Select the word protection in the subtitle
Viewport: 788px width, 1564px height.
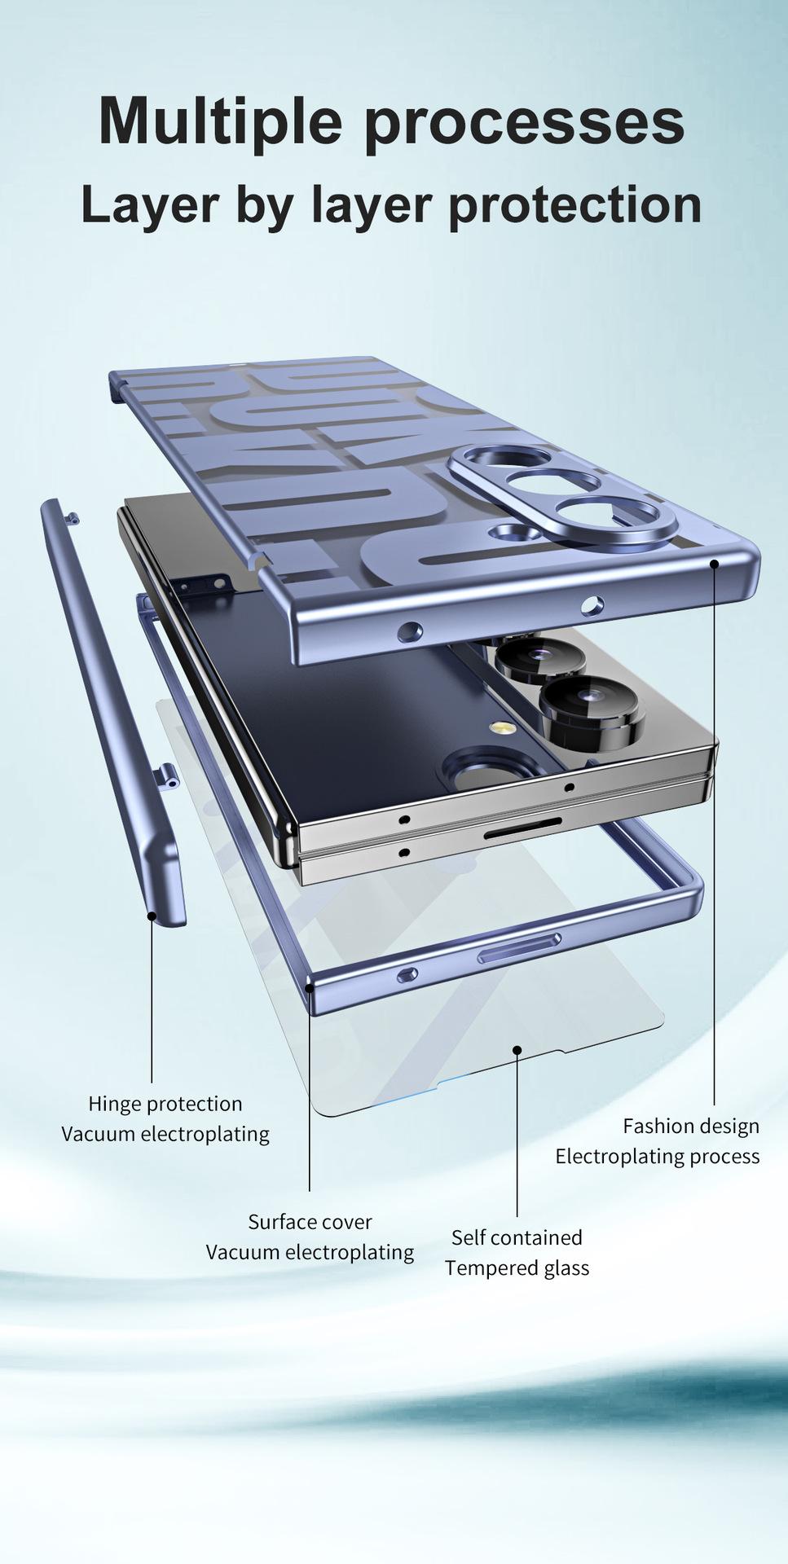[x=574, y=207]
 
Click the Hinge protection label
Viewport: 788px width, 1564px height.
[x=165, y=1104]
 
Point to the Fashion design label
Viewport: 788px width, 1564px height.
[x=691, y=1126]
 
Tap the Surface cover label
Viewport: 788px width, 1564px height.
[x=310, y=1222]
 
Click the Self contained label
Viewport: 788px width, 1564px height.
[x=517, y=1237]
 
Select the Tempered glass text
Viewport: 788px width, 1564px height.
[x=517, y=1268]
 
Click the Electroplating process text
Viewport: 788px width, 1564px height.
[x=658, y=1157]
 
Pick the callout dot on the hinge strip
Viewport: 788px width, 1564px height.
[x=152, y=916]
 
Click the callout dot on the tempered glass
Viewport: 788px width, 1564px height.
[x=517, y=1049]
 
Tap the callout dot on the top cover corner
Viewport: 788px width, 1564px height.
[x=714, y=562]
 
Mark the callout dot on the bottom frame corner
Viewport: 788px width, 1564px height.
[x=310, y=988]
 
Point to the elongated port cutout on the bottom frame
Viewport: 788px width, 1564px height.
[x=519, y=947]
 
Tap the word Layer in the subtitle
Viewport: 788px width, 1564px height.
[x=150, y=207]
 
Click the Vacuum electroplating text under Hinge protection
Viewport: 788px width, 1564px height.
[x=165, y=1134]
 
